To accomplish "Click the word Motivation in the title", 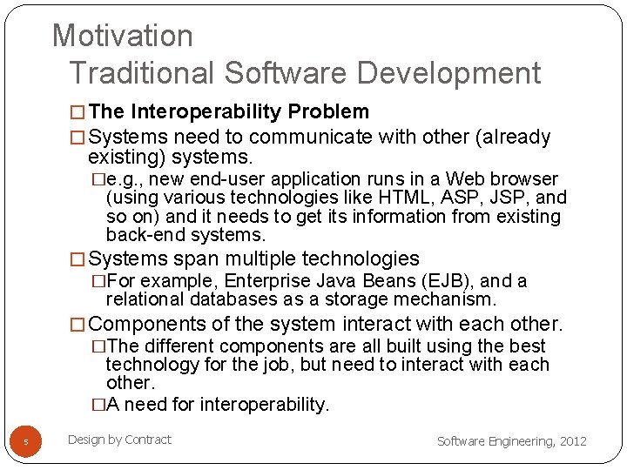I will click(x=123, y=36).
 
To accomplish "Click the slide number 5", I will click(x=25, y=442).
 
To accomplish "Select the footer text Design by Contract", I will click(x=119, y=440).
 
